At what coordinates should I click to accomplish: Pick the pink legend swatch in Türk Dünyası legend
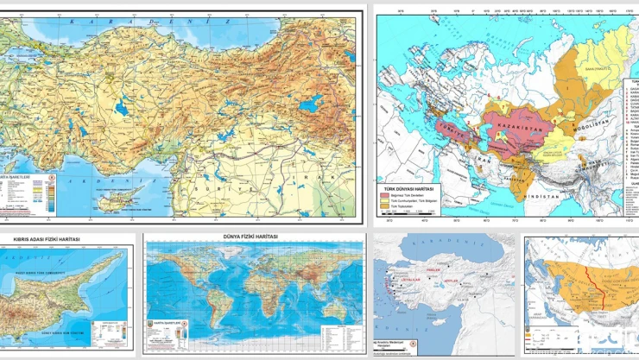point(386,196)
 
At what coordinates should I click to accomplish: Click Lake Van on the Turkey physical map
point(310,105)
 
